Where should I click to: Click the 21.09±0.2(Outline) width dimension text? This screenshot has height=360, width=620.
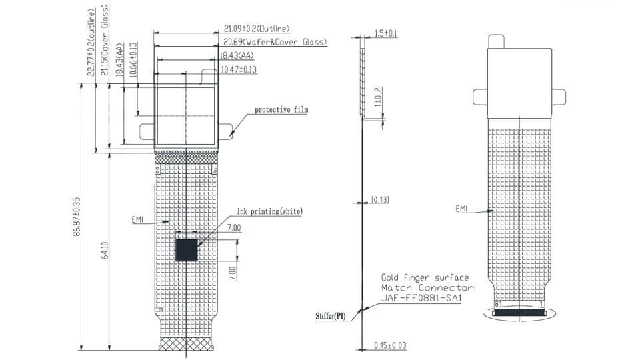pos(257,29)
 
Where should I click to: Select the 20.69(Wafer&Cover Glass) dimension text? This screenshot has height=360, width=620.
pos(275,42)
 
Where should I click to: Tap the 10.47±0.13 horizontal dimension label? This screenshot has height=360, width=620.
pos(239,69)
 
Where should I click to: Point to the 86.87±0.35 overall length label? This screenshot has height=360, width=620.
pos(77,217)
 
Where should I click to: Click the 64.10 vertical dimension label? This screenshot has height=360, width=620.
pos(105,251)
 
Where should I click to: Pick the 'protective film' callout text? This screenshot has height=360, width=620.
pos(281,109)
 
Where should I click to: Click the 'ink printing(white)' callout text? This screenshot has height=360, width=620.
pos(270,211)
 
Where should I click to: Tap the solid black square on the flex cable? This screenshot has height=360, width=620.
pos(187,250)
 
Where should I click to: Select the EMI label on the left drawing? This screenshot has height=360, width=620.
pos(137,219)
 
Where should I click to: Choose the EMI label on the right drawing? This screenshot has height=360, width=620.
pos(462,209)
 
